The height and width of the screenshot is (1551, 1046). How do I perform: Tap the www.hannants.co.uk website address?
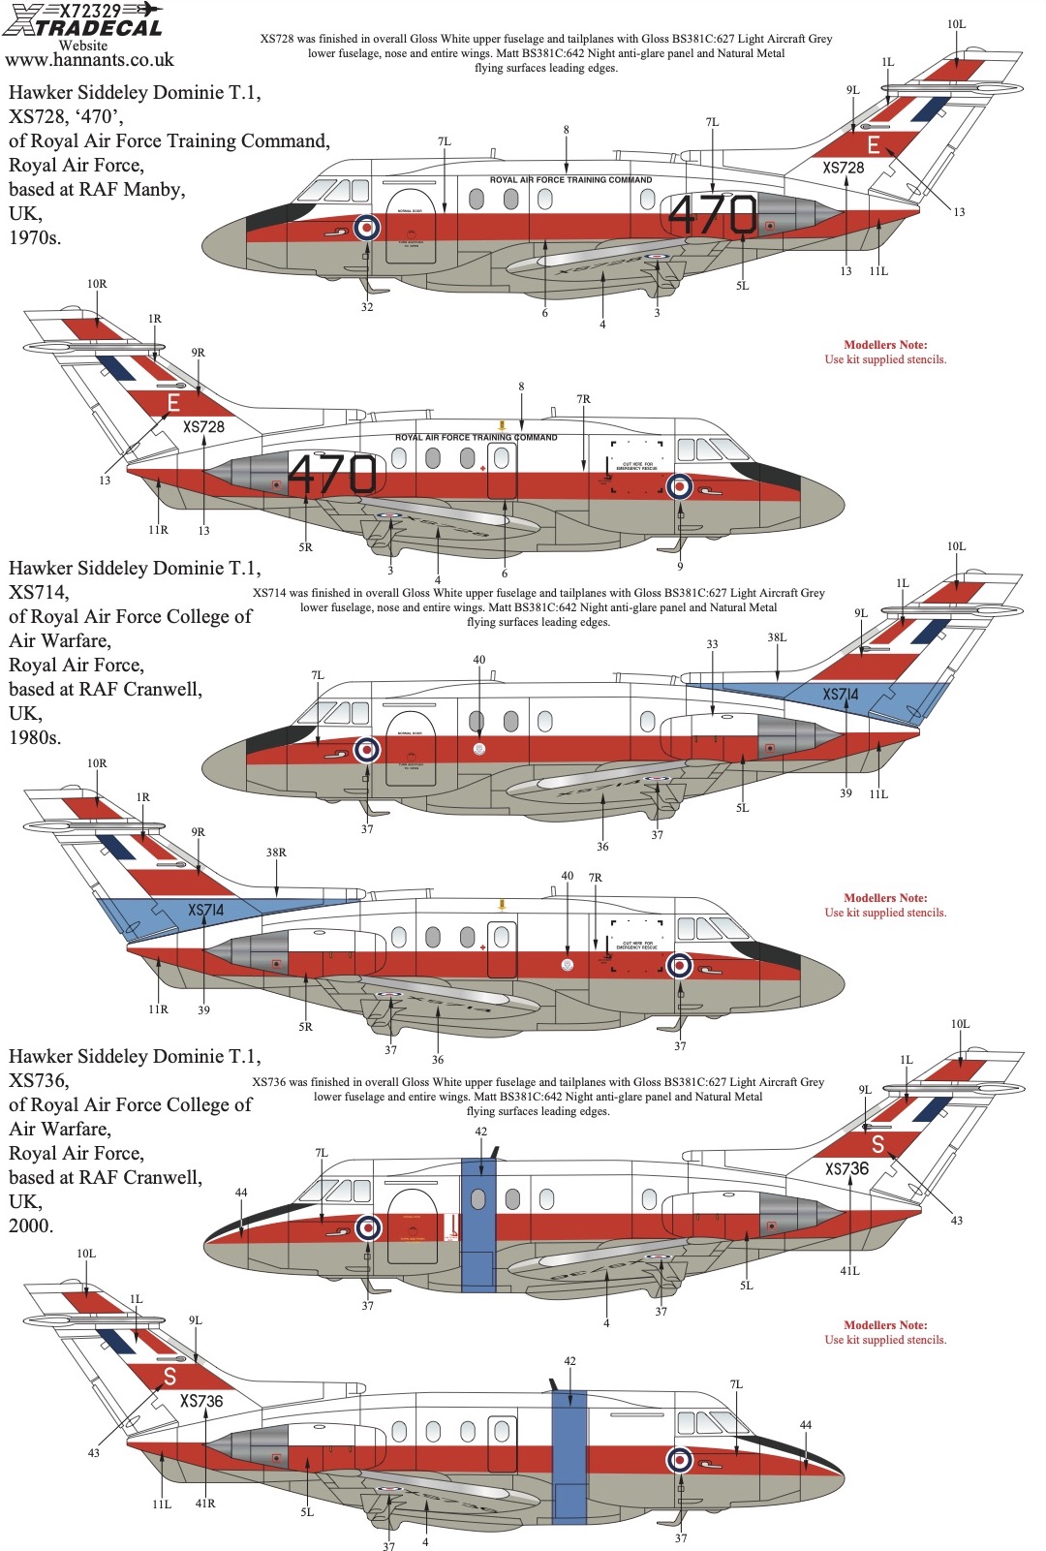tap(89, 60)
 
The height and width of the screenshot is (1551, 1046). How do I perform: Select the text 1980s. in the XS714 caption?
tap(35, 737)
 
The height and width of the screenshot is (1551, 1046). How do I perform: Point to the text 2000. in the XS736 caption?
tap(31, 1225)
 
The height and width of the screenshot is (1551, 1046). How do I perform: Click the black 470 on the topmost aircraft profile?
tap(713, 214)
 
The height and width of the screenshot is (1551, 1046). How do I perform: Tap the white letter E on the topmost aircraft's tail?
tap(874, 145)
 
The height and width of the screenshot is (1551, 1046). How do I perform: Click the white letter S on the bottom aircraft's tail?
tap(877, 1144)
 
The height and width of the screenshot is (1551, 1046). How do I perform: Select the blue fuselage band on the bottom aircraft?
tap(569, 1454)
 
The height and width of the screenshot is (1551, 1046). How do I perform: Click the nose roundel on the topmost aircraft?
tap(366, 228)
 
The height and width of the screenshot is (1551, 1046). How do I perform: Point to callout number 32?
tap(367, 307)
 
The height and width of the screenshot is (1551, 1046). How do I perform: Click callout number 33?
tap(712, 644)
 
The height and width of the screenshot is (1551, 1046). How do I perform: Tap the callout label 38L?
tap(777, 637)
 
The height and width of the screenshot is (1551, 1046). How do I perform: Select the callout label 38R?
tap(276, 853)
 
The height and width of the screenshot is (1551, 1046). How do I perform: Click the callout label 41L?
tap(849, 1271)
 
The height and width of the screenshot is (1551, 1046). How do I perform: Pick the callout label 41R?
tap(205, 1504)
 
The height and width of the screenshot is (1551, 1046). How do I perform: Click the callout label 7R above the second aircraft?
tap(583, 399)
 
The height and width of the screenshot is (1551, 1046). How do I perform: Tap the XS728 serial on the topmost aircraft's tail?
tap(843, 168)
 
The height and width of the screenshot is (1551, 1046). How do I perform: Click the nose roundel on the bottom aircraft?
tap(680, 1460)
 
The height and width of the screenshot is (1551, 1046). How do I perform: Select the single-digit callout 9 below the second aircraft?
tap(680, 567)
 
